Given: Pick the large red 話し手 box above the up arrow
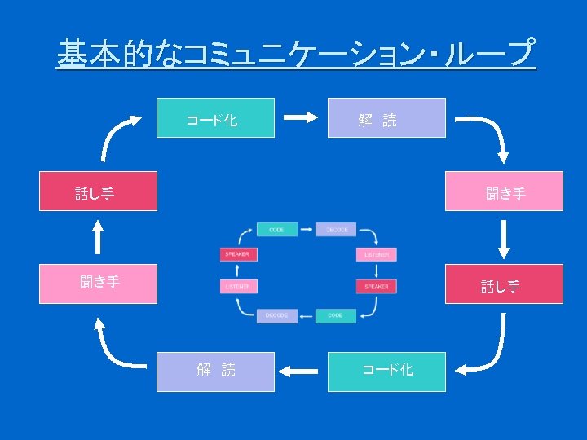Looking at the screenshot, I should pos(98,191).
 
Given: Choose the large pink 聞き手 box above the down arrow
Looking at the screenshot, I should pos(504,191).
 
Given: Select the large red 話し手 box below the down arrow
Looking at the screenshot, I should pos(504,284).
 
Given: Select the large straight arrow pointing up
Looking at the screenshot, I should pos(98,238).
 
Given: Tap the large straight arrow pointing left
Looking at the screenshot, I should pos(301,372).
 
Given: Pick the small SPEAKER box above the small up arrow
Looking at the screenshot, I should pos(238,254).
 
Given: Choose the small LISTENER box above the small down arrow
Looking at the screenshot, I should pos(376,254).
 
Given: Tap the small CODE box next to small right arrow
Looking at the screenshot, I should pos(276,230).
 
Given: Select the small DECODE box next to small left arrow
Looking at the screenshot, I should pos(276,315).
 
